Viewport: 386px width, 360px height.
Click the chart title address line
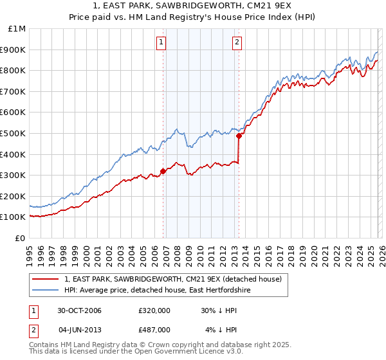193,6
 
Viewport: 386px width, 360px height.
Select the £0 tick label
19,238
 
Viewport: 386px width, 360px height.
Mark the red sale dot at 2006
163,170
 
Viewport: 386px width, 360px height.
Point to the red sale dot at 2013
239,136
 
